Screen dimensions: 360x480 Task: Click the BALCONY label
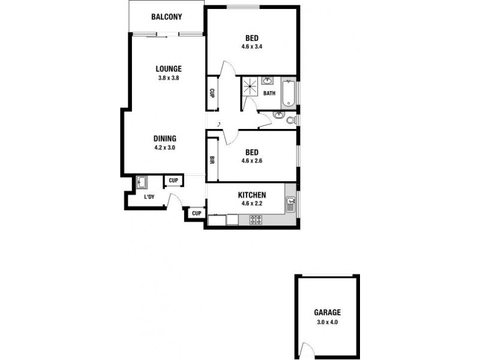point(167,17)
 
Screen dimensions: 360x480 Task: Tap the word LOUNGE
point(169,68)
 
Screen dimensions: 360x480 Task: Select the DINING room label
point(164,139)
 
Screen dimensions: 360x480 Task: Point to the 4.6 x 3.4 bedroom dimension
point(251,46)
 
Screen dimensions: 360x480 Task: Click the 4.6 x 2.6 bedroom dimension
point(251,161)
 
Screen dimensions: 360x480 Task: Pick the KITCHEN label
point(252,196)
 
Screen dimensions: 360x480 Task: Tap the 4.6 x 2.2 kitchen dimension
point(252,204)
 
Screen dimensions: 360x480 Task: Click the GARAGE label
point(327,313)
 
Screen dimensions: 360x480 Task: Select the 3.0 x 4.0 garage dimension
point(327,322)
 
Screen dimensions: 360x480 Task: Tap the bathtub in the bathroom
point(289,93)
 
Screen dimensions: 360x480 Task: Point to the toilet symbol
point(291,120)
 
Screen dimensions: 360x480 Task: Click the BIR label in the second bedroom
point(212,160)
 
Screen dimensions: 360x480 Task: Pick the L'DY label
point(149,197)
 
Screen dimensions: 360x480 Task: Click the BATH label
point(269,93)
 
